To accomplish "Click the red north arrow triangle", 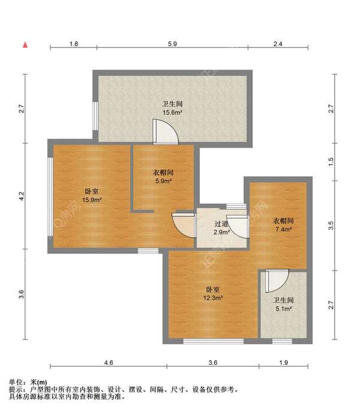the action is (25, 45).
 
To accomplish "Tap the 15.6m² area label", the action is (172, 112).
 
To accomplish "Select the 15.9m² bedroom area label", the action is (92, 200).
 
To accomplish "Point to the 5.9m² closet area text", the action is (163, 181).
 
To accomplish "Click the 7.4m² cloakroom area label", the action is (283, 229).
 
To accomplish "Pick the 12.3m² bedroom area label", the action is (213, 298).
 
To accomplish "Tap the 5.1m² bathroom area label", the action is (283, 308).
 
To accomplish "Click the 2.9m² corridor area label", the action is (221, 232).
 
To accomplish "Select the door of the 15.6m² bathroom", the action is (166, 132).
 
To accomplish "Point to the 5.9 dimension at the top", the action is (172, 44).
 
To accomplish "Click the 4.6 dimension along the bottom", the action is (108, 362).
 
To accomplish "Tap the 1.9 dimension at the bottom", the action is (283, 362).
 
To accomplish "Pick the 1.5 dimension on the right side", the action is (331, 162).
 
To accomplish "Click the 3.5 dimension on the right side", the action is (331, 226).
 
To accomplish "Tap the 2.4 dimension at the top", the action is (278, 44).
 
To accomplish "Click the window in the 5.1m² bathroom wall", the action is (282, 341).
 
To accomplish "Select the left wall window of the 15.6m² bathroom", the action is (95, 116).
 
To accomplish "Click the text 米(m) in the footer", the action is (39, 382).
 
